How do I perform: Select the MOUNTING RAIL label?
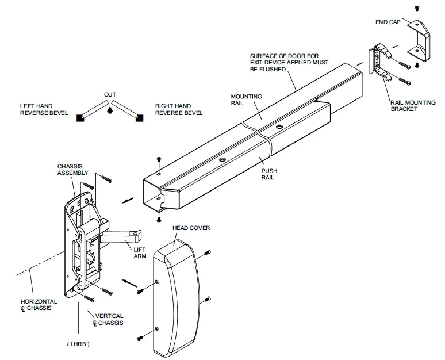(245, 101)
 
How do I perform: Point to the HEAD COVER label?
(191, 228)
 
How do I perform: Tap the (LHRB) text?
(77, 344)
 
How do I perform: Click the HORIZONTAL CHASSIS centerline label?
(39, 305)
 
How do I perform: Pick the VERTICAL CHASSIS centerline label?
(108, 320)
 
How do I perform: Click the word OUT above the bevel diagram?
(110, 94)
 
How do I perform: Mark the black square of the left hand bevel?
(80, 118)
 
